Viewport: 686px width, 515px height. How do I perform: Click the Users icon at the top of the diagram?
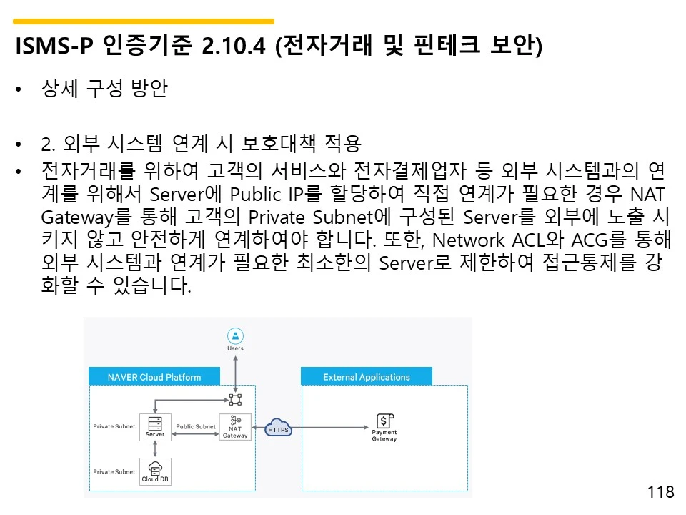coord(235,335)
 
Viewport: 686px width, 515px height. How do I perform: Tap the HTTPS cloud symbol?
coord(277,428)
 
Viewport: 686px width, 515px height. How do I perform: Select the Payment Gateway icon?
coord(384,421)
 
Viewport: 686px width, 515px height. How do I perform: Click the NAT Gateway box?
coord(235,427)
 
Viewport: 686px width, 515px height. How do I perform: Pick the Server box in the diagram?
coord(155,426)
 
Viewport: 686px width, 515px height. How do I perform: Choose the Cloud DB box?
coord(155,471)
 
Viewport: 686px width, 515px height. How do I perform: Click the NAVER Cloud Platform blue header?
coord(154,377)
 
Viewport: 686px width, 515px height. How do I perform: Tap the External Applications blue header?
coord(367,377)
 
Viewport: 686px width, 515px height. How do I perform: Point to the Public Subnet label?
coord(196,427)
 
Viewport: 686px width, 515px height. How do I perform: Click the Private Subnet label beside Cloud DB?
coord(114,472)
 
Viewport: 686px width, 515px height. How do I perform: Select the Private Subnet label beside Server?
coord(114,427)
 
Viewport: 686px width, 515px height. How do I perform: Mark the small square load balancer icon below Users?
coord(235,399)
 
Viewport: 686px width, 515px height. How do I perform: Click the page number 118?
coord(660,492)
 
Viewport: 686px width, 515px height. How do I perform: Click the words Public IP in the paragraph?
coord(268,194)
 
